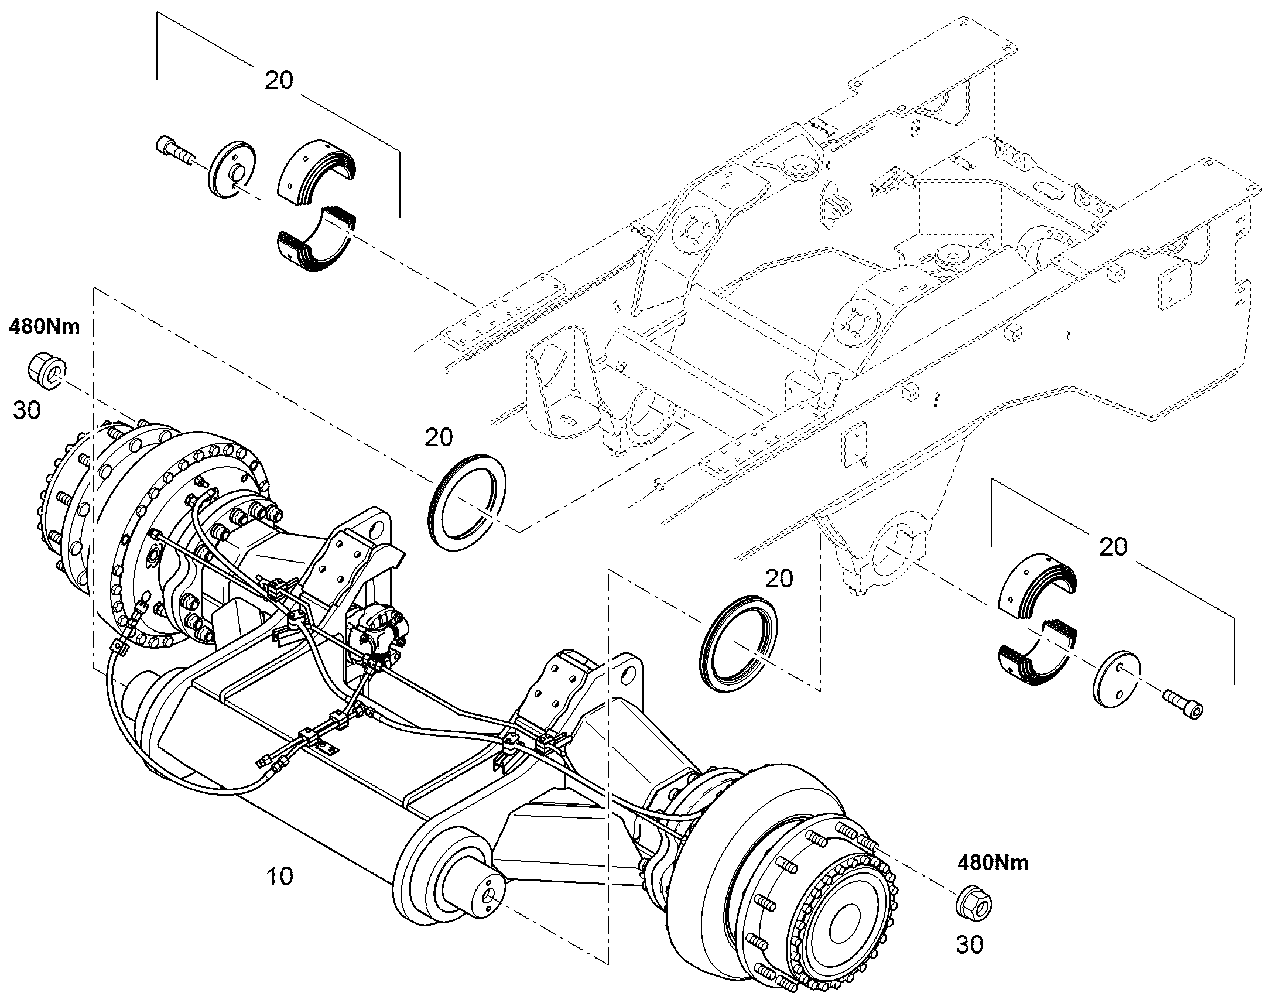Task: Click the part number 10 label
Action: click(279, 877)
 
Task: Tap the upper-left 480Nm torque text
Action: click(44, 327)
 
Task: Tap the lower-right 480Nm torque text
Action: click(993, 862)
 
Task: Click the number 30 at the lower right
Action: click(970, 946)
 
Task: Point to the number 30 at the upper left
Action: click(26, 410)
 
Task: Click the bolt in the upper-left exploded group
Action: click(176, 152)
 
